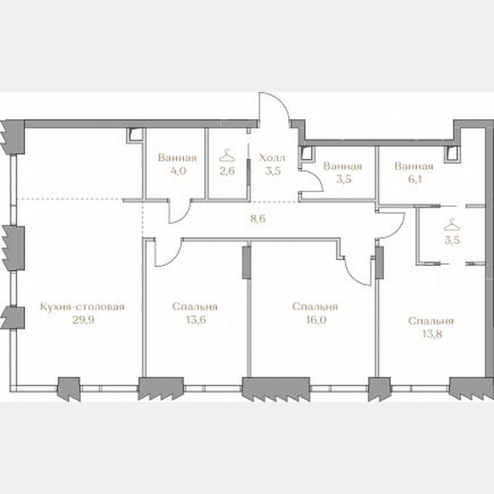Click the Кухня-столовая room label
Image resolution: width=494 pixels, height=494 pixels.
click(x=82, y=307)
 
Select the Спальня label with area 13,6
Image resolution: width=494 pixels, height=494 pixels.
click(x=194, y=307)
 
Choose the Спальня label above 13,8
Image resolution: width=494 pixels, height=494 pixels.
click(x=431, y=321)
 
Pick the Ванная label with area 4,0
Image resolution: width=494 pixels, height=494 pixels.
click(x=177, y=158)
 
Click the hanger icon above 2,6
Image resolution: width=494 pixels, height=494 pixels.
click(x=227, y=155)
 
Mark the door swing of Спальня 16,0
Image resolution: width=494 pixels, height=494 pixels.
click(x=360, y=272)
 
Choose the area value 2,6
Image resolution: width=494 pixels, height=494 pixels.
click(x=227, y=171)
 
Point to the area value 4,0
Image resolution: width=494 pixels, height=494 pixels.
click(x=177, y=171)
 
